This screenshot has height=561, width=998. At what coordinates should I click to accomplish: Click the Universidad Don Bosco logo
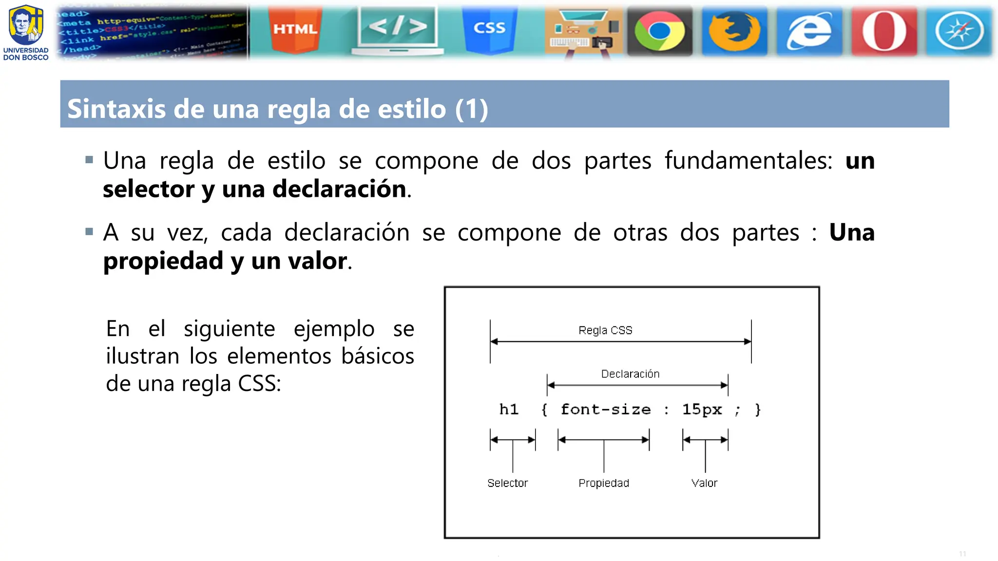coord(26,32)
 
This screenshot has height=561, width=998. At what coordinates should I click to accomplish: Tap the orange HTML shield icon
coord(295,29)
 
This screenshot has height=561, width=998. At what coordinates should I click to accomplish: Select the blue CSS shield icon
coord(489,29)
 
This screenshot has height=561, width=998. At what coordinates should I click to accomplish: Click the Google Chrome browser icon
coord(659,31)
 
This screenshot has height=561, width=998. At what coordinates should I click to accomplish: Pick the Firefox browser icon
coord(734,31)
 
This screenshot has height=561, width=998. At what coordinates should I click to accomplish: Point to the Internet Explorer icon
coord(809,31)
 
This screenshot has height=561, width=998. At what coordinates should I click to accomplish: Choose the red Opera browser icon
coord(884,31)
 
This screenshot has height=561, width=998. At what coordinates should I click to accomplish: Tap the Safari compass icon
coord(959,31)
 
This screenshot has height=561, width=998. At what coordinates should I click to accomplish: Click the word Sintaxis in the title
coord(116,109)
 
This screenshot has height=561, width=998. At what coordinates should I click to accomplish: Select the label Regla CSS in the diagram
coord(605,330)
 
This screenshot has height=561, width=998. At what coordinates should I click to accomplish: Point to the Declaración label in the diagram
coord(630,374)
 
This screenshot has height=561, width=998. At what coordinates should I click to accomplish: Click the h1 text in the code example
coord(509,410)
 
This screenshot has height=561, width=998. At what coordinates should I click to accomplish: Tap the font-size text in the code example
coord(606,410)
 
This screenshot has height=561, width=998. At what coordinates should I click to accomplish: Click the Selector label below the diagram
coord(507,483)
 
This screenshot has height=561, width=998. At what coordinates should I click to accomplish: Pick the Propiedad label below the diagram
coord(604,483)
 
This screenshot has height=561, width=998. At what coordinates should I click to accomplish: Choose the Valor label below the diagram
coord(704,483)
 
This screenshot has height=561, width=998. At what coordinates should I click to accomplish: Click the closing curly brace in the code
coord(758,410)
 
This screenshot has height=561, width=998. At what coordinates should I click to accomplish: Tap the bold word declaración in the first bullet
coord(339,189)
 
